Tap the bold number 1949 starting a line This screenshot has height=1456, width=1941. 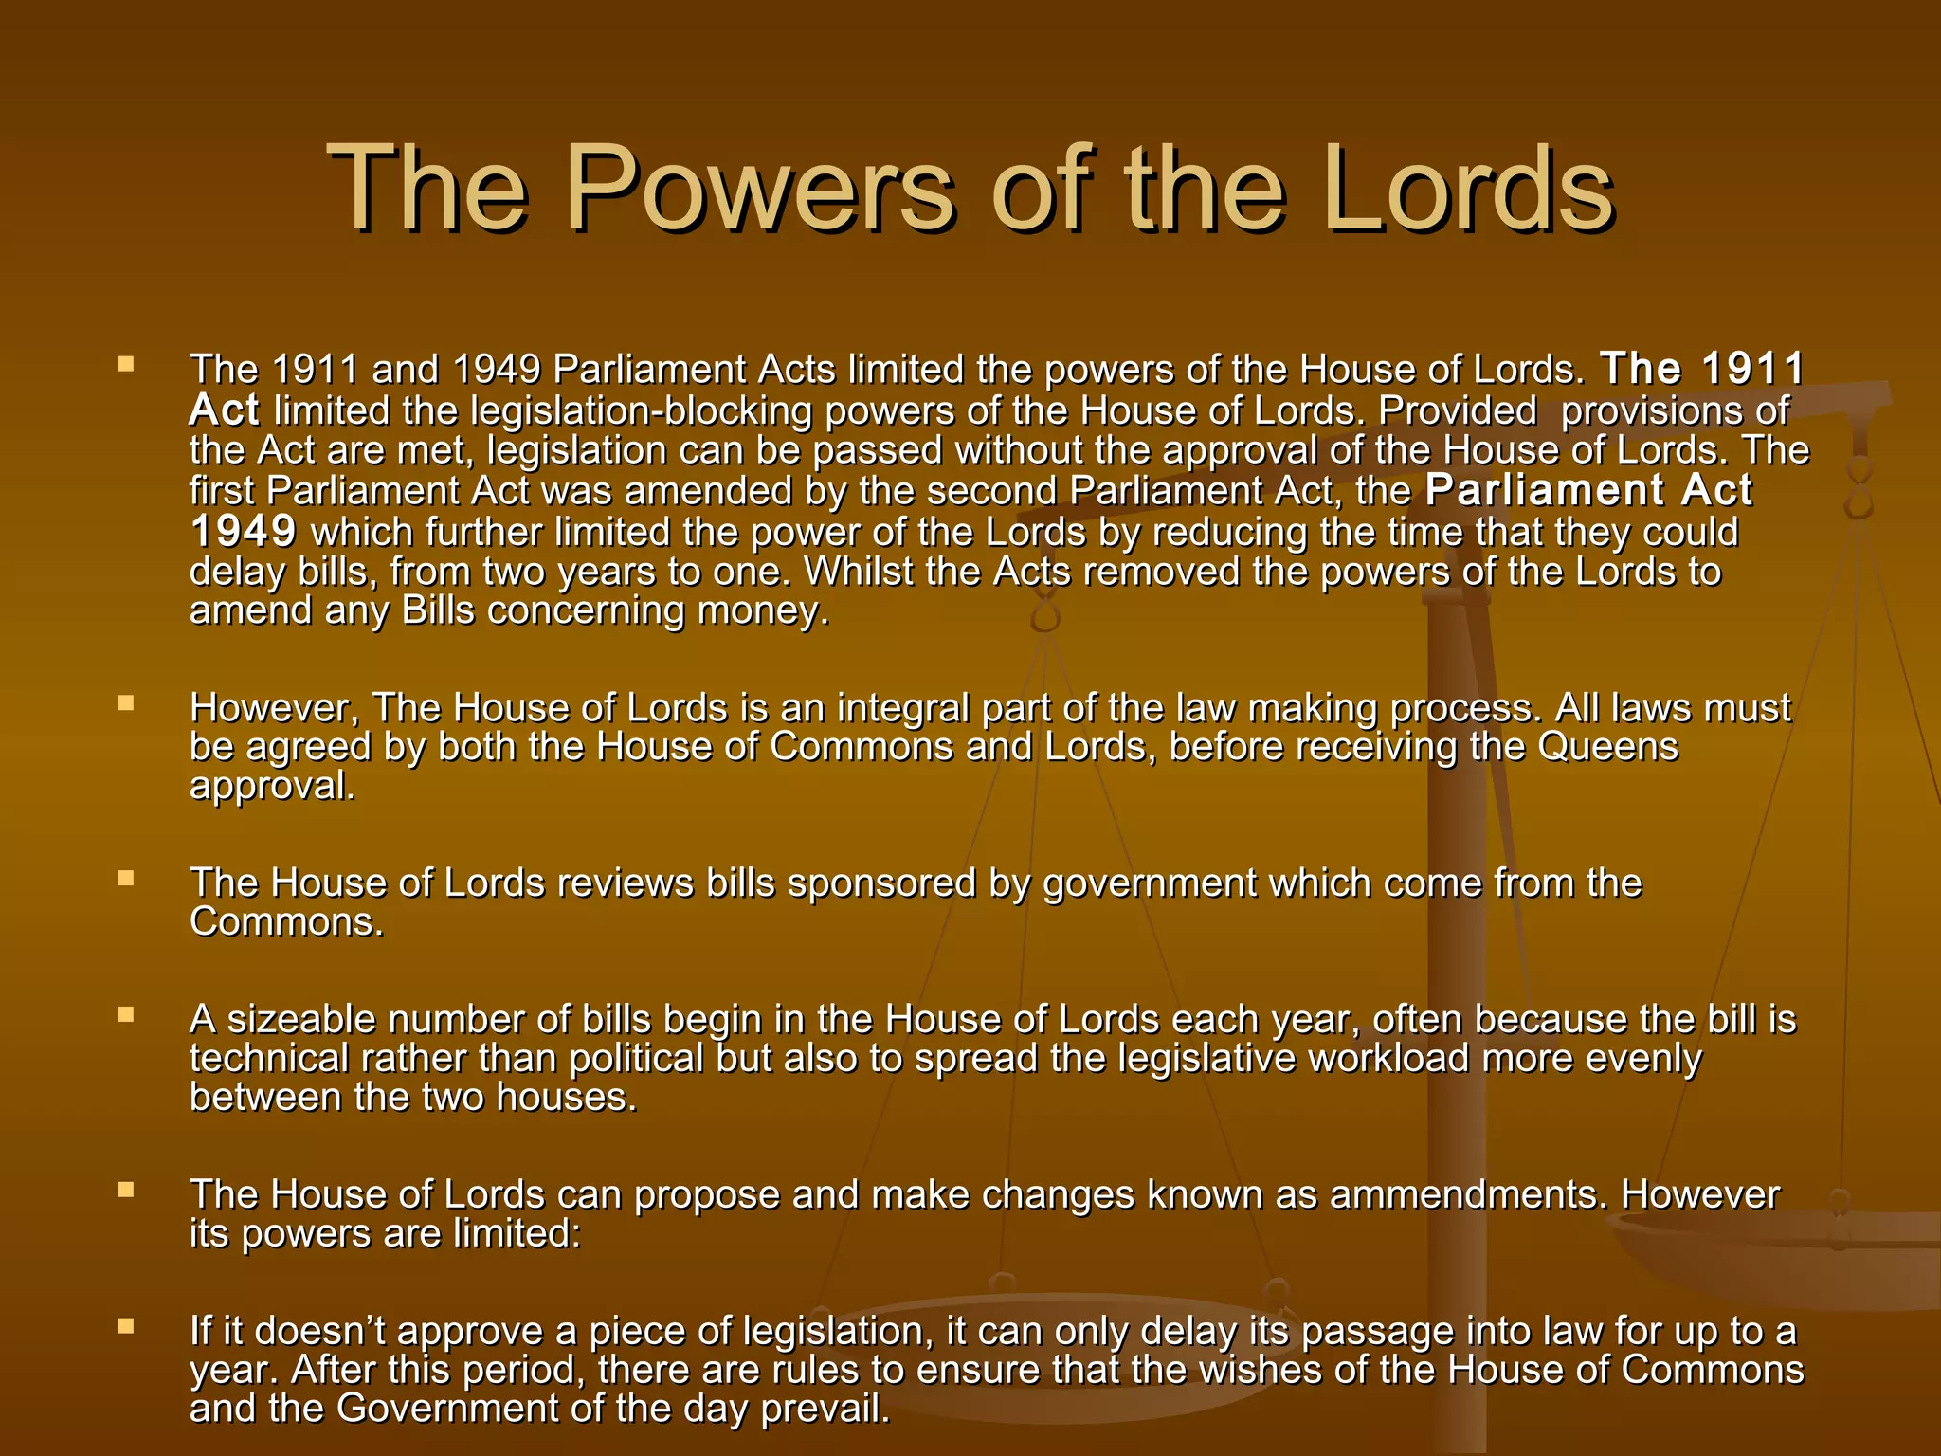244,532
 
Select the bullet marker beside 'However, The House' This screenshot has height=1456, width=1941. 126,703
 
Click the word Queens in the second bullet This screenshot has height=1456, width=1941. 1607,747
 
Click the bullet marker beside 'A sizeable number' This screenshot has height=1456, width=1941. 126,1015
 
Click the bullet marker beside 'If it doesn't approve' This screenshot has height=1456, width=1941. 126,1327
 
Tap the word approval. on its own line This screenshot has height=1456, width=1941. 272,787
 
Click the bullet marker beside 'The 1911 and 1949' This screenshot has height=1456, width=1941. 126,364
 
